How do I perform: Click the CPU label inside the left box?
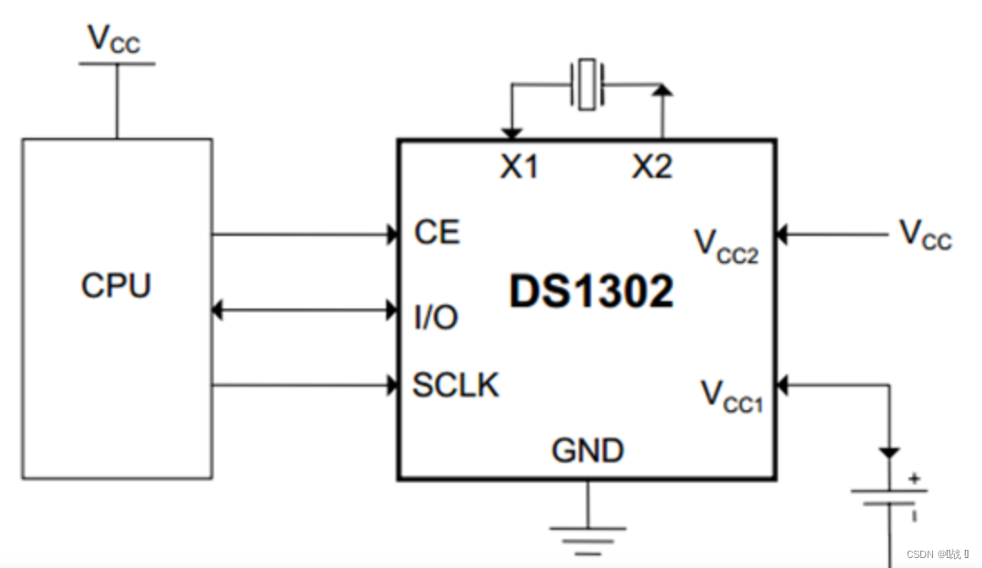pyautogui.click(x=116, y=286)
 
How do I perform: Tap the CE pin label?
pyautogui.click(x=437, y=232)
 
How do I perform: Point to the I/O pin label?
pyautogui.click(x=435, y=317)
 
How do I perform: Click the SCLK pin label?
pyautogui.click(x=455, y=386)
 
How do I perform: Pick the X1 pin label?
pyautogui.click(x=520, y=167)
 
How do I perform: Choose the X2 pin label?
pyautogui.click(x=652, y=167)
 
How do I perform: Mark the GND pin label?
pyautogui.click(x=588, y=450)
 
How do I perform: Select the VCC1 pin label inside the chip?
pyautogui.click(x=732, y=396)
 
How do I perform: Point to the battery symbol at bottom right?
pyautogui.click(x=889, y=497)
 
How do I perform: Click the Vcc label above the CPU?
pyautogui.click(x=113, y=39)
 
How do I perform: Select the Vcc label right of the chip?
pyautogui.click(x=925, y=234)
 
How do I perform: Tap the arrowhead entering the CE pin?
pyautogui.click(x=393, y=235)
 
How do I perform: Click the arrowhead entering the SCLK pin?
pyautogui.click(x=393, y=386)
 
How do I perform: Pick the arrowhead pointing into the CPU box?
pyautogui.click(x=218, y=310)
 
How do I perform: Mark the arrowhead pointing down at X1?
pyautogui.click(x=511, y=133)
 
